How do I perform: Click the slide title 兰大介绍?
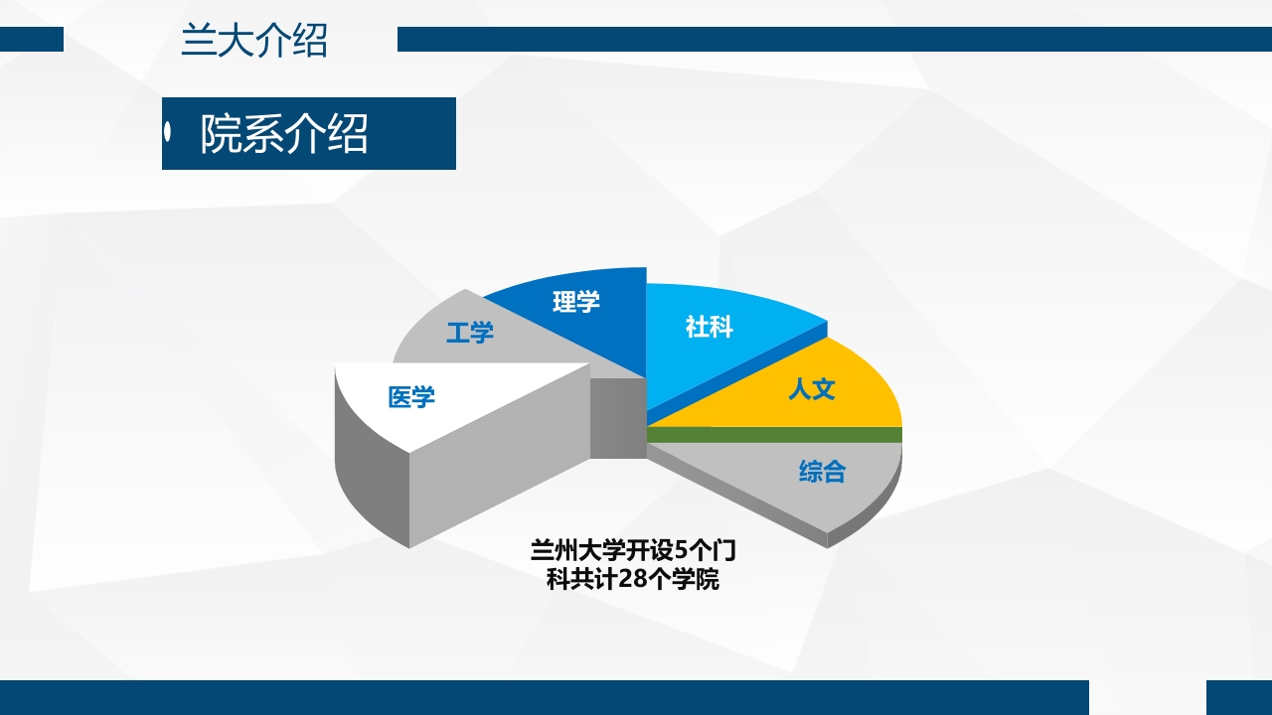pyautogui.click(x=254, y=41)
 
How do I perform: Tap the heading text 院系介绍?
pyautogui.click(x=284, y=134)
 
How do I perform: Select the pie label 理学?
pyautogui.click(x=576, y=301)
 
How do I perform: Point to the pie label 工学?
pyautogui.click(x=470, y=332)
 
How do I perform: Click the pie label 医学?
pyautogui.click(x=411, y=398)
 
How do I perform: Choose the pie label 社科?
pyautogui.click(x=710, y=326)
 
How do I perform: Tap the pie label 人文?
pyautogui.click(x=812, y=388)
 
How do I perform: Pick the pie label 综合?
pyautogui.click(x=823, y=471)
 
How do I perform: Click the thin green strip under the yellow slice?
pyautogui.click(x=775, y=435)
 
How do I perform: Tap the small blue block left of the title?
pyautogui.click(x=32, y=40)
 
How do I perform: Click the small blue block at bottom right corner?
pyautogui.click(x=1238, y=697)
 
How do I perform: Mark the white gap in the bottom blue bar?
pyautogui.click(x=1148, y=697)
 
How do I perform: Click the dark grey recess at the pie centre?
pyautogui.click(x=617, y=417)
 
